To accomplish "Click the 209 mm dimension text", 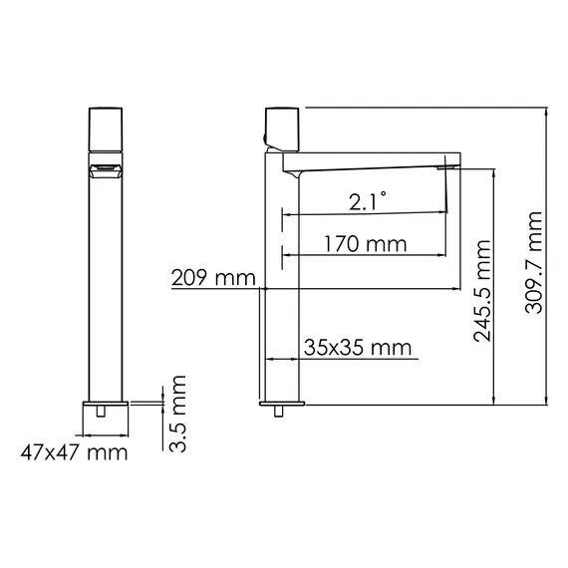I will (212, 277).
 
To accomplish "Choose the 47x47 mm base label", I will (75, 453).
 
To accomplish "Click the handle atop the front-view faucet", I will (107, 127).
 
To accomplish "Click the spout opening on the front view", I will (107, 170).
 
